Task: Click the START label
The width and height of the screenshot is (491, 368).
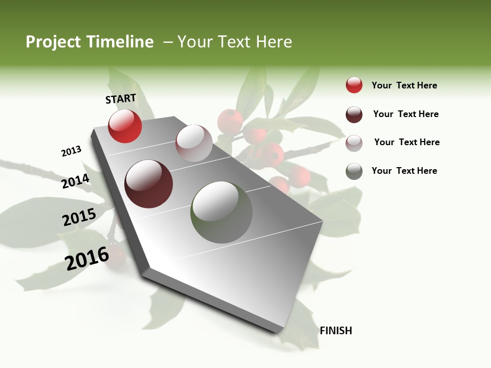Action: coord(121,99)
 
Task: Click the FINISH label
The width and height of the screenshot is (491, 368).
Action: coord(336,331)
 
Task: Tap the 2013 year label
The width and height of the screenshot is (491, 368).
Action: coord(71,151)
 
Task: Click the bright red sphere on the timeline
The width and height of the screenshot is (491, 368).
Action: coord(125,126)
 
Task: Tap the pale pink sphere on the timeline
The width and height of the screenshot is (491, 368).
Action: coord(194,143)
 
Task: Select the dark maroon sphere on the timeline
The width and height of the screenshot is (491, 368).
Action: coord(149,184)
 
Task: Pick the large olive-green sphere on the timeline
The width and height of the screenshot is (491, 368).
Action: coord(221,212)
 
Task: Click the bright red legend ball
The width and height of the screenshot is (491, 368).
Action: coord(354,85)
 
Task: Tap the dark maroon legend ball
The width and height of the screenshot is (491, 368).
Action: coord(354,114)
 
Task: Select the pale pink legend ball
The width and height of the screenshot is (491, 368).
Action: coord(354,143)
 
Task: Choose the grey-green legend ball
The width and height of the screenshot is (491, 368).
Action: coord(354,171)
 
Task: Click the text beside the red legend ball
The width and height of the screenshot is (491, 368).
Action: coord(404,85)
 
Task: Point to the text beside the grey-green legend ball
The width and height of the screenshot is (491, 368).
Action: coord(404,171)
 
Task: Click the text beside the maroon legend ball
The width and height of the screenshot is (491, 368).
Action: coord(406,114)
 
